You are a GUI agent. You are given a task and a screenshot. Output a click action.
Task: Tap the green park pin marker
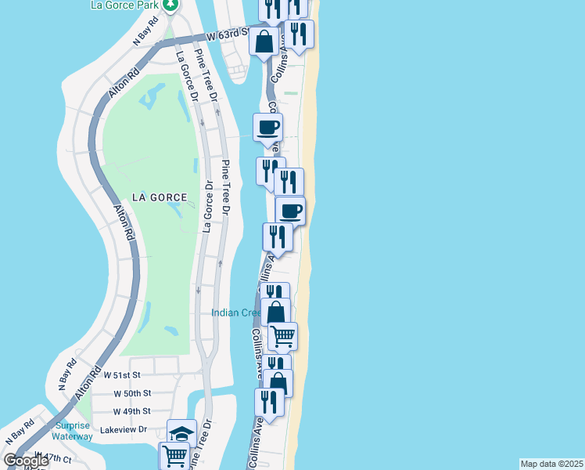click(171, 4)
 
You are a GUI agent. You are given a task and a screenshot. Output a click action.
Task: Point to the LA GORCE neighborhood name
click(160, 197)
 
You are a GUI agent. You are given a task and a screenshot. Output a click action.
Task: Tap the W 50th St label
click(131, 392)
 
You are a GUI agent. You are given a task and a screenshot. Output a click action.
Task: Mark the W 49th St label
click(131, 410)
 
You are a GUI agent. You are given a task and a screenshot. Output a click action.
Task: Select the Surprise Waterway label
click(73, 431)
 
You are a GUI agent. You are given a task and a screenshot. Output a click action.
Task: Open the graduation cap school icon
click(181, 433)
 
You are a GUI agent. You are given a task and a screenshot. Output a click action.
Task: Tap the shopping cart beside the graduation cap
click(174, 455)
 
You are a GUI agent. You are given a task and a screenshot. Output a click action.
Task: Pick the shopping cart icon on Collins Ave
click(282, 336)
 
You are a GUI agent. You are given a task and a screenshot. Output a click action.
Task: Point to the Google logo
click(27, 461)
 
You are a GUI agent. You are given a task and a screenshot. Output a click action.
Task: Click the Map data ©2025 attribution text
click(551, 463)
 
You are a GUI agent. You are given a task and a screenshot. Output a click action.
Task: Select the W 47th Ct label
click(56, 457)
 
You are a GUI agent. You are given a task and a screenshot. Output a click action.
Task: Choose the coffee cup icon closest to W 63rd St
click(267, 127)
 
